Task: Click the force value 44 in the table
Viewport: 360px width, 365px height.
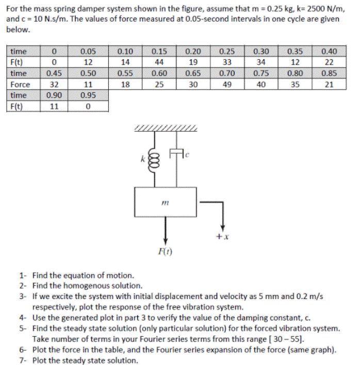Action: (x=159, y=62)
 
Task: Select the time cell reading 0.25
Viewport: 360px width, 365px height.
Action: (x=227, y=51)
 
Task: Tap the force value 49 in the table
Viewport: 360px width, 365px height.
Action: (x=227, y=85)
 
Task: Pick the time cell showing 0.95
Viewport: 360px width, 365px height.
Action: (x=89, y=96)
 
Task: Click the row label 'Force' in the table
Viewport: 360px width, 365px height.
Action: (x=21, y=85)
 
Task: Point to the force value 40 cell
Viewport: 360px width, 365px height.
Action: (x=261, y=85)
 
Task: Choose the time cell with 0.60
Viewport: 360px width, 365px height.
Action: (x=159, y=73)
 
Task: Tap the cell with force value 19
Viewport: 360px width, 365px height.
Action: (x=193, y=62)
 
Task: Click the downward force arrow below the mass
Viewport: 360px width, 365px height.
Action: (x=166, y=230)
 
